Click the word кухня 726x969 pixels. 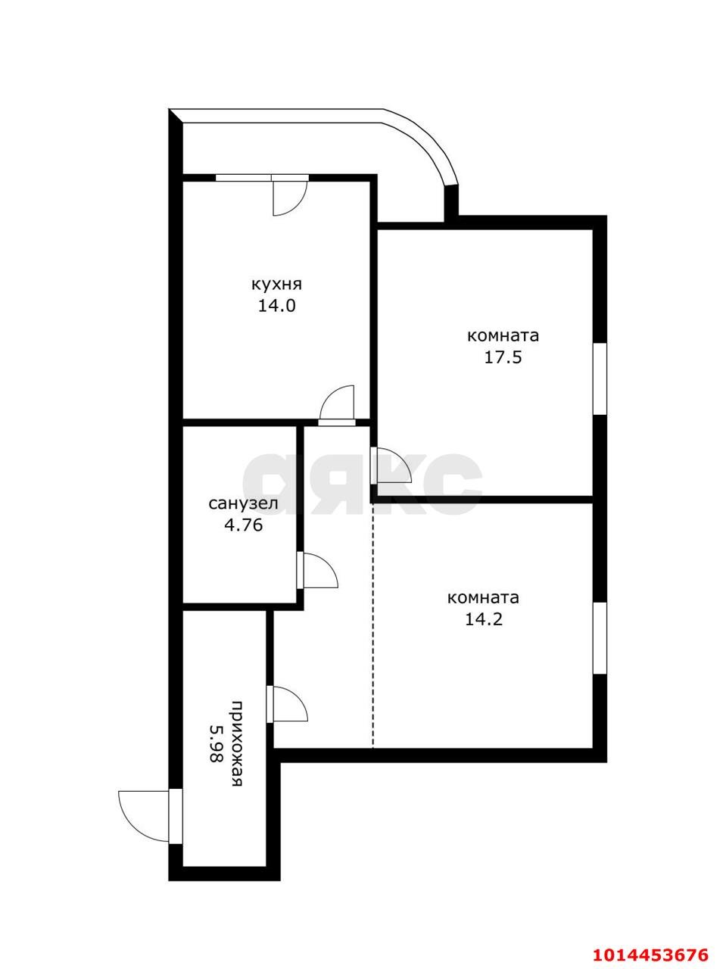276,285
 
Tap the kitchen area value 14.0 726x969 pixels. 276,307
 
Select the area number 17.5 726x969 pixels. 503,357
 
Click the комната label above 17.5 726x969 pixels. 503,335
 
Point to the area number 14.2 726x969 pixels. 483,619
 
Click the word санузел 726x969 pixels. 243,503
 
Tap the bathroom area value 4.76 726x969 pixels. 243,525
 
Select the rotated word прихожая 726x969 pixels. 237,745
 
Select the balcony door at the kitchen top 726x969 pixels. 288,195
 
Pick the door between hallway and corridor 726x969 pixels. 288,704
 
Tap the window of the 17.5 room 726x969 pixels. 600,379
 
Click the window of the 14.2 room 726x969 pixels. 600,638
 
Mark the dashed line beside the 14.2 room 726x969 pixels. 372,628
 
